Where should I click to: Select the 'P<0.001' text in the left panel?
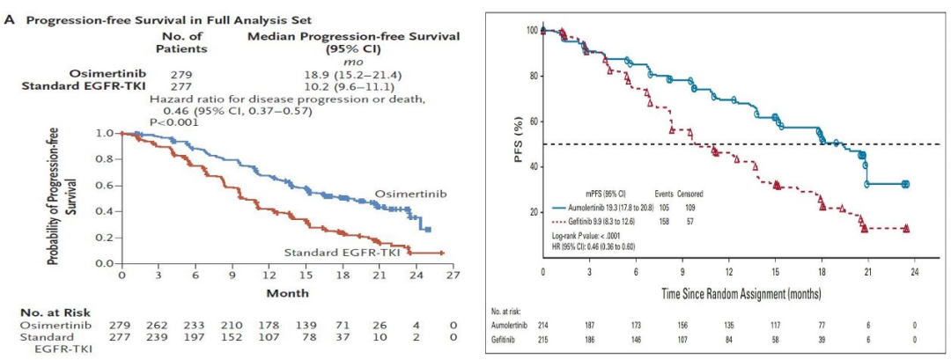(x=174, y=121)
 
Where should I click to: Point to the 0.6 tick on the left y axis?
(x=105, y=185)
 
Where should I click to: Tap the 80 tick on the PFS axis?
(x=532, y=76)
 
